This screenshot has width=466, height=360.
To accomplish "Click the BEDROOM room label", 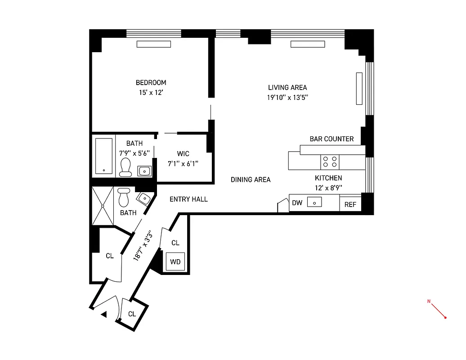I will point(151,83).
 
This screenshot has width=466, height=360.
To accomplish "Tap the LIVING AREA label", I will point(287,88).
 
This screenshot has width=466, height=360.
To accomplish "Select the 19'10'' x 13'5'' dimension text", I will point(287,97).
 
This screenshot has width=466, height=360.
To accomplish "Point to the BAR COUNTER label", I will point(332,139).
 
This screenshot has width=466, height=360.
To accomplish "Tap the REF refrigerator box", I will point(350,204).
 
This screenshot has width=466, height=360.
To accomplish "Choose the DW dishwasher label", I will point(297,203).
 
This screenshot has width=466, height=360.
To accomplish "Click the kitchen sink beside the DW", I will point(314,202).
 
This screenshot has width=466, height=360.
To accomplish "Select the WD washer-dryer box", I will point(175,261).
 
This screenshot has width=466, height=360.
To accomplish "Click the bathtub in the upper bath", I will point(104,157).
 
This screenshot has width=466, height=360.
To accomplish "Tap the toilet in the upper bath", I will point(125,167).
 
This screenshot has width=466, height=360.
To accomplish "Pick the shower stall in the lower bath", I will point(103,206).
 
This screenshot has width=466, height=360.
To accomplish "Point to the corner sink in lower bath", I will point(143,198).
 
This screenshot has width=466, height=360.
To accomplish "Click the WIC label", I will point(184,154).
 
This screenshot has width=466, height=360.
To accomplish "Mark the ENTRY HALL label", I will point(188,199).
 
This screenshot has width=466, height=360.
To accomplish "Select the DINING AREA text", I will point(251,180).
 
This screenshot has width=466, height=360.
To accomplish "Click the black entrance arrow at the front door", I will point(103,315).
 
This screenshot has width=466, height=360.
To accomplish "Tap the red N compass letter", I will point(429,301).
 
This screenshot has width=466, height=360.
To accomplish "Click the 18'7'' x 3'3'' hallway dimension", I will point(143,246).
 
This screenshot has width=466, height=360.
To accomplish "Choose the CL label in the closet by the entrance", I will point(131,314).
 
